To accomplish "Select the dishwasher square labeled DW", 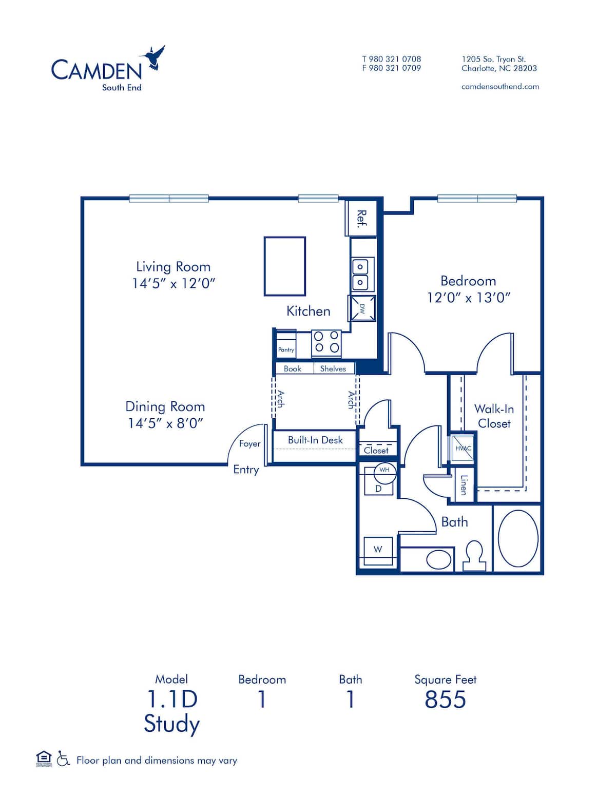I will [x=362, y=308].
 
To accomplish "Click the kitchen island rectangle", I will [x=284, y=266].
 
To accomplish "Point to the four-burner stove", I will [x=326, y=343].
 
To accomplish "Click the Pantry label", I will [x=286, y=349].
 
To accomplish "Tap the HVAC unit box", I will [x=462, y=448].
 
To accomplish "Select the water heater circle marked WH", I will [x=384, y=470].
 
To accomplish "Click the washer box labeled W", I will [x=378, y=549].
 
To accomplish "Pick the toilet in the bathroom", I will [x=474, y=556].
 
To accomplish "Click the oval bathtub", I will [x=517, y=538].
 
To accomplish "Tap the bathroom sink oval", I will [x=439, y=559].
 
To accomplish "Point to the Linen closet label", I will [x=464, y=485].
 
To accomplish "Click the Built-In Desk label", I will [x=315, y=440].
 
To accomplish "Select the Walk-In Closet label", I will [x=494, y=416].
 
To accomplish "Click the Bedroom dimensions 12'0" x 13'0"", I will [x=468, y=298].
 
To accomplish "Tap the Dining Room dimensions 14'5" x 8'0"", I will [x=166, y=423].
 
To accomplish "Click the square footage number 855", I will [x=445, y=699].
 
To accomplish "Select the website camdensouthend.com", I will [x=500, y=87].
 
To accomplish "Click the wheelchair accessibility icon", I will [x=63, y=759].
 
